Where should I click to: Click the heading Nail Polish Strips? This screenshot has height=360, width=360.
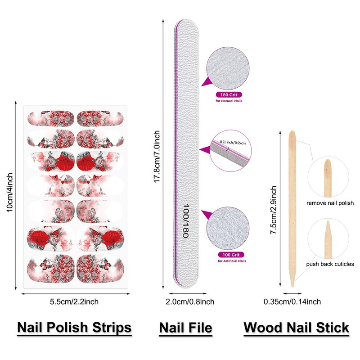[x=74, y=327]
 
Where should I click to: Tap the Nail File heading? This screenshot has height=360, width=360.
[x=185, y=327]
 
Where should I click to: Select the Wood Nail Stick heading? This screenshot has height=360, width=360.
[x=297, y=327]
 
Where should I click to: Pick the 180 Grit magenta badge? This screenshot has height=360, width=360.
[x=229, y=95]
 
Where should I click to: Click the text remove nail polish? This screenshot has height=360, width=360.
[x=330, y=203]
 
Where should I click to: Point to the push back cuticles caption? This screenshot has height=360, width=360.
[x=330, y=264]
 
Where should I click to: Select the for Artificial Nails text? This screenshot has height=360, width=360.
[x=232, y=261]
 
